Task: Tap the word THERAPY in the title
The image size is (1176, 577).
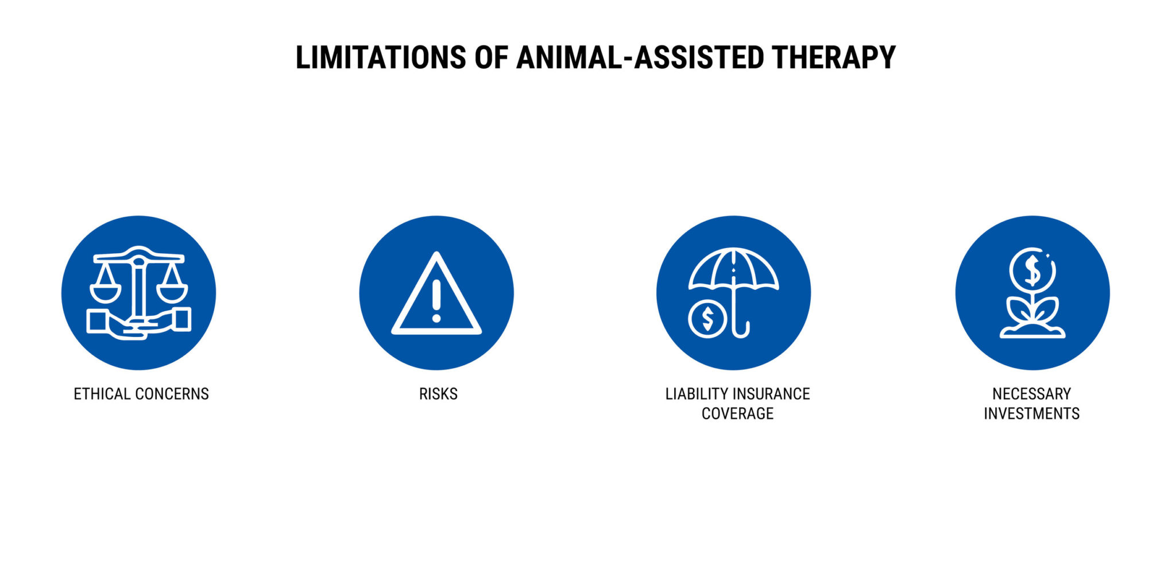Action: click(833, 57)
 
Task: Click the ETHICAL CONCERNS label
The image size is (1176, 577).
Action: click(141, 394)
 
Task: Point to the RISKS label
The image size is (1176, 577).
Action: click(438, 394)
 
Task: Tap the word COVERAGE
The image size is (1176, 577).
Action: click(737, 413)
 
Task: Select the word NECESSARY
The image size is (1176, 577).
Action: click(1031, 394)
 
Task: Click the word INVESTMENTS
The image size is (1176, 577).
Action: click(1031, 413)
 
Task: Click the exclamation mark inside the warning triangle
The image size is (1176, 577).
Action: click(436, 300)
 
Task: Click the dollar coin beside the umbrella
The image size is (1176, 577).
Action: click(707, 319)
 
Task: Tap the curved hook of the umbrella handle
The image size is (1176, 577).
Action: click(742, 331)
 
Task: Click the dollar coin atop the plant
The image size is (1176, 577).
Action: click(1032, 270)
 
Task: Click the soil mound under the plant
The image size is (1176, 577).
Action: click(1032, 331)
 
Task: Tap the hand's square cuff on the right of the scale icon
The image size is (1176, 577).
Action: click(181, 319)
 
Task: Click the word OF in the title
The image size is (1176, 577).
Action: click(491, 57)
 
